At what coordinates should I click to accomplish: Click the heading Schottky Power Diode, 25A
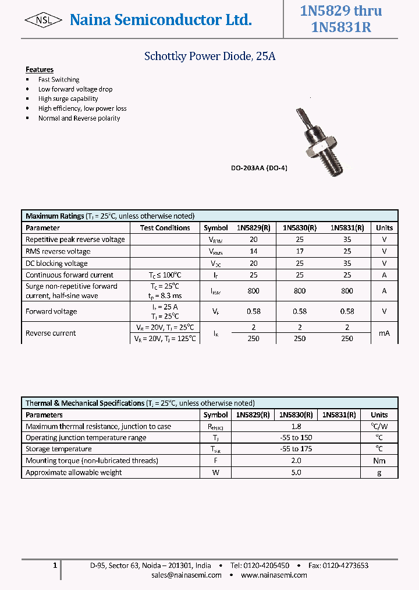(x=209, y=57)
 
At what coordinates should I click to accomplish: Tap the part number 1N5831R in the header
(x=340, y=27)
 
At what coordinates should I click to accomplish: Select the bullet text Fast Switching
(x=59, y=79)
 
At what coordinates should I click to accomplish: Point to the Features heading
(x=40, y=69)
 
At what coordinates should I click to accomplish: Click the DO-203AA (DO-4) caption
(x=259, y=168)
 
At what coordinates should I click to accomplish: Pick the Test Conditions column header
(x=165, y=228)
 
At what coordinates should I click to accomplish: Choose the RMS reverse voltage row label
(x=58, y=251)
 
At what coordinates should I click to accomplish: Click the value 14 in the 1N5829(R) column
(x=253, y=251)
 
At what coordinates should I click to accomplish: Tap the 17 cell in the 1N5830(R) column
(x=299, y=251)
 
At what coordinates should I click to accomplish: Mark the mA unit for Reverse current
(x=384, y=333)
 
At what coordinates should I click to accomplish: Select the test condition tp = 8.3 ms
(x=165, y=296)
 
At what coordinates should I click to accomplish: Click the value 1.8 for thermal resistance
(x=296, y=426)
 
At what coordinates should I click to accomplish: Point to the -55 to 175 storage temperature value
(x=296, y=449)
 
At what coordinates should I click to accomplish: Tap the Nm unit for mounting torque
(x=379, y=461)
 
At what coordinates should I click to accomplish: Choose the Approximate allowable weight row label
(x=74, y=472)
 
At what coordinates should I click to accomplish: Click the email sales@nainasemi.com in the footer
(x=186, y=575)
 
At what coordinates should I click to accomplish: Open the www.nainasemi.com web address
(x=274, y=575)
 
